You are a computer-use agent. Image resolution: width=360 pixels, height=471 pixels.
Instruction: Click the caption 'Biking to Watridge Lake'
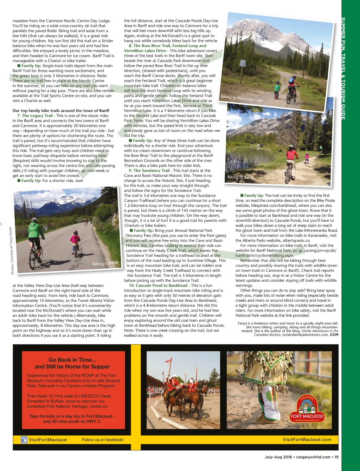[x=242, y=98]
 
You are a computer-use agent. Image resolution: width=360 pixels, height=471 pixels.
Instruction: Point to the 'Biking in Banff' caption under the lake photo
[x=240, y=177]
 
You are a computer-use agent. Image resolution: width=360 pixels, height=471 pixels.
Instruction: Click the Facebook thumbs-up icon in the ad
[x=24, y=440]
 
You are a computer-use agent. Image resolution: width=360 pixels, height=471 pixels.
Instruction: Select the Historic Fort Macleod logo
[x=307, y=409]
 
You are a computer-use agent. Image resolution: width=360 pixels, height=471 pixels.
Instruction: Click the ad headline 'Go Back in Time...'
[x=72, y=360]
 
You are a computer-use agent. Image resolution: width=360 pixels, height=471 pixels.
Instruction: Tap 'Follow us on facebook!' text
[x=103, y=440]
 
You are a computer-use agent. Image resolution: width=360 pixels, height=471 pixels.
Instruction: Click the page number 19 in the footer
[x=336, y=457]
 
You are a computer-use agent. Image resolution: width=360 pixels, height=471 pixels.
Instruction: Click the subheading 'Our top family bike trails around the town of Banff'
[x=61, y=111]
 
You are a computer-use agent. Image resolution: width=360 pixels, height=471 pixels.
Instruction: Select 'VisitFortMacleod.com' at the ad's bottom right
[x=307, y=440]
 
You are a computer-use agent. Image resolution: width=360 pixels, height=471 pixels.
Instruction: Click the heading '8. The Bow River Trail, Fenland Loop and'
[x=167, y=46]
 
